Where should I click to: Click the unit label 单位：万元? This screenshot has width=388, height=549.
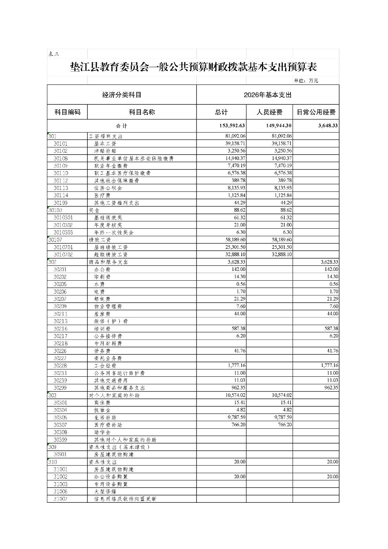[306, 81]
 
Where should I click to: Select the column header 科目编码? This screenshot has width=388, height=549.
[67, 112]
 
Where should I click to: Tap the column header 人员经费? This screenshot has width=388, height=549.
[269, 112]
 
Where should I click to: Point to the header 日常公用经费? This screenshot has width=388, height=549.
[316, 112]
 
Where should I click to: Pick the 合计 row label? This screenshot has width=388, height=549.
[121, 126]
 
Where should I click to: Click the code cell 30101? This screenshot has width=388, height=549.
[61, 143]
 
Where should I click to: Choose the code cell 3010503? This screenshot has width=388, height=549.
[63, 233]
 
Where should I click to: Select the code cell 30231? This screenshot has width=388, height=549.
[61, 373]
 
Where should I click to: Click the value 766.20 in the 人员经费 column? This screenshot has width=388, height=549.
[284, 425]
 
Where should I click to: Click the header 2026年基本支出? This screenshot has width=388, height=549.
[267, 95]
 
